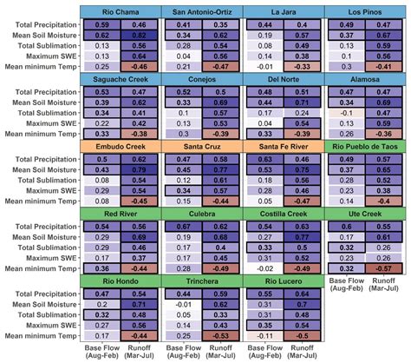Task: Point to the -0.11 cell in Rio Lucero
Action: coord(264,335)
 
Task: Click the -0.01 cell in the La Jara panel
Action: coord(264,66)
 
